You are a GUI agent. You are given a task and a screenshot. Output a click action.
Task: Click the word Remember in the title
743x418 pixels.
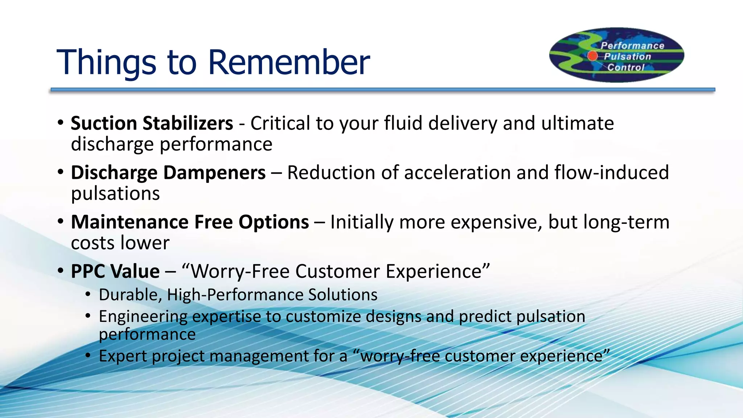(289, 62)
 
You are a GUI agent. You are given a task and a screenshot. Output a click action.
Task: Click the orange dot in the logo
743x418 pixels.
(592, 56)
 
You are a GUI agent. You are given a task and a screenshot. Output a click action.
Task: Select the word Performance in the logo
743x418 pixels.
(632, 46)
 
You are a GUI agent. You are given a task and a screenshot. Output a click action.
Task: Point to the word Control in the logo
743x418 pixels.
(626, 67)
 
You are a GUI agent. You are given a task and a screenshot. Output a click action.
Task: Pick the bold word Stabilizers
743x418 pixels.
(188, 123)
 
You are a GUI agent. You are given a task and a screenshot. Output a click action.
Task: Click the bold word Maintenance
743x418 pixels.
(130, 222)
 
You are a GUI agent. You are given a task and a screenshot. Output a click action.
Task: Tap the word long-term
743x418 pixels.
(626, 222)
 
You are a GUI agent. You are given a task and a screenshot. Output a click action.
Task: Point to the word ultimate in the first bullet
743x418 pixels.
(578, 123)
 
